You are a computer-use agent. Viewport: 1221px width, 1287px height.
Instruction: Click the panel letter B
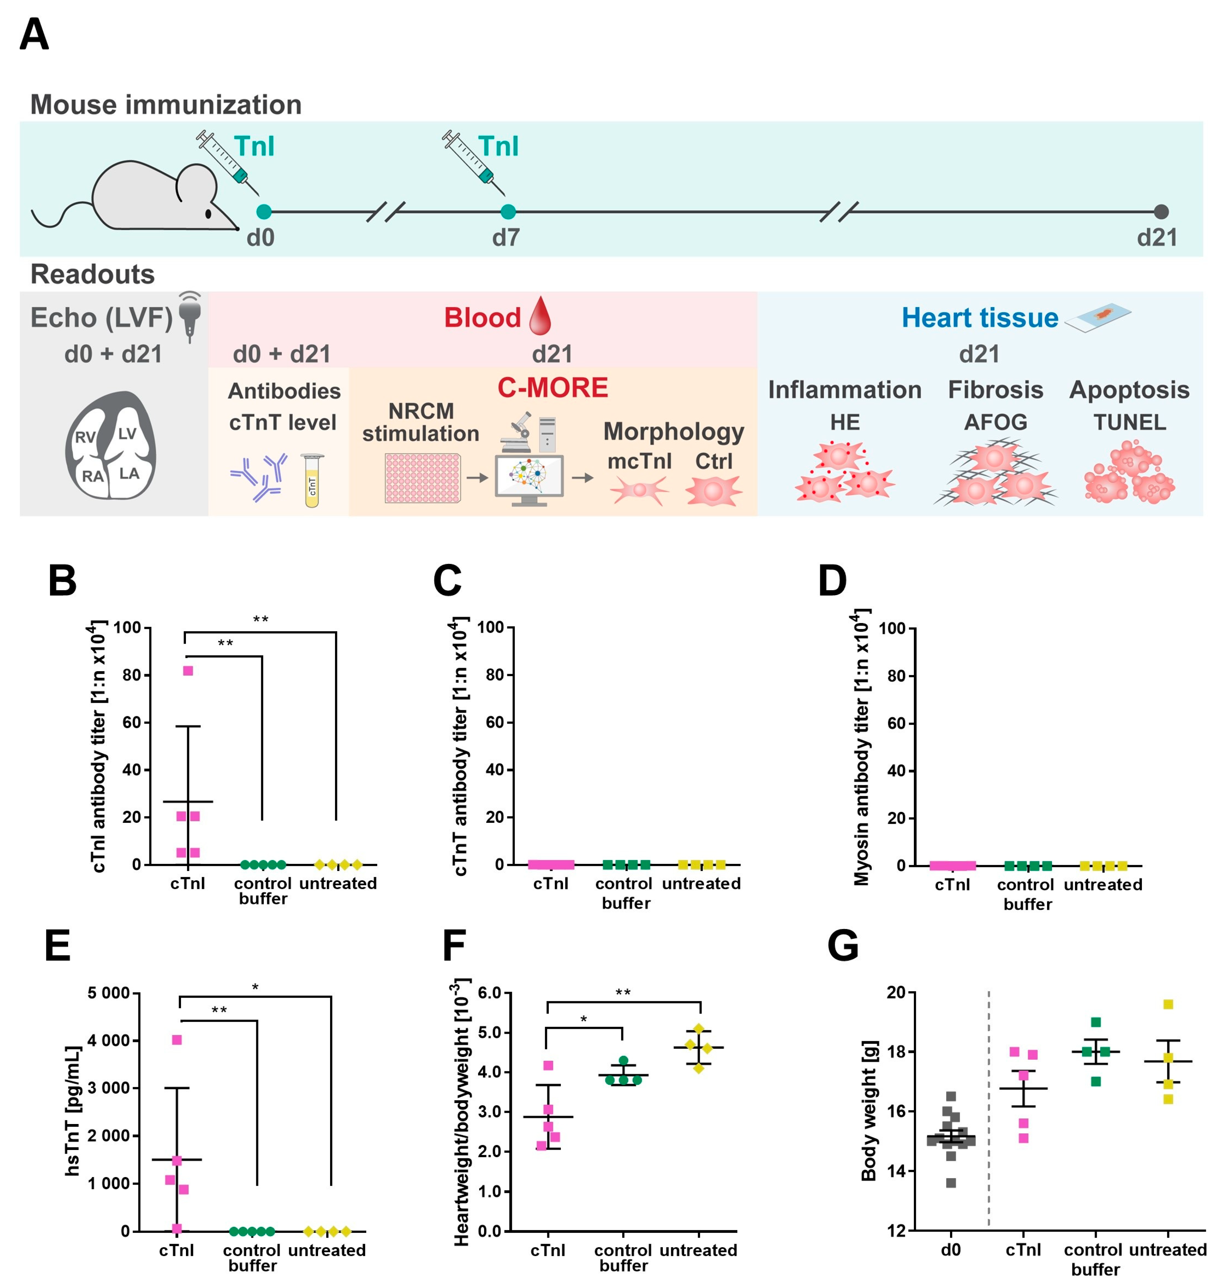[62, 581]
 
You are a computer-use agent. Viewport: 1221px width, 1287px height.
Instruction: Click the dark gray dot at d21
[1161, 212]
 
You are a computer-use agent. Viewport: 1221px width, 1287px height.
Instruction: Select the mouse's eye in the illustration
[208, 213]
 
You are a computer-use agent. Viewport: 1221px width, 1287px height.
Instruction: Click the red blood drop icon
[540, 316]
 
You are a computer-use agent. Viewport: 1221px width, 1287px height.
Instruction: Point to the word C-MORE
[553, 388]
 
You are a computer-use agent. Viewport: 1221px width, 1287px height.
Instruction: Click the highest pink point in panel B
[188, 670]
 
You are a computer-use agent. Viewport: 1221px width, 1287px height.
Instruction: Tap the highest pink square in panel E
[177, 1040]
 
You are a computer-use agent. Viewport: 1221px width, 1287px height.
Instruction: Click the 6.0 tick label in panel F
[489, 993]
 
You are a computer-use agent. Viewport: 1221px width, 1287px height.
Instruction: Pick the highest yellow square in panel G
[1168, 1004]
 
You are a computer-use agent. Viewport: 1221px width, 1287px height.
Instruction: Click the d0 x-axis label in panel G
[951, 1250]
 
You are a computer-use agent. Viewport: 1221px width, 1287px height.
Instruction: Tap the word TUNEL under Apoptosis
[1130, 422]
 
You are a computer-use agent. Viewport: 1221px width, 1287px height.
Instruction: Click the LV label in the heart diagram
[127, 434]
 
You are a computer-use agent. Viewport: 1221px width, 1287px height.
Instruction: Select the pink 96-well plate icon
[422, 478]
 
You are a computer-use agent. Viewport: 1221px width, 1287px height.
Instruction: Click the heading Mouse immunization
[166, 105]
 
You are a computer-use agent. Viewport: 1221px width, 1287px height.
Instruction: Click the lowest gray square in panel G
[951, 1183]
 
